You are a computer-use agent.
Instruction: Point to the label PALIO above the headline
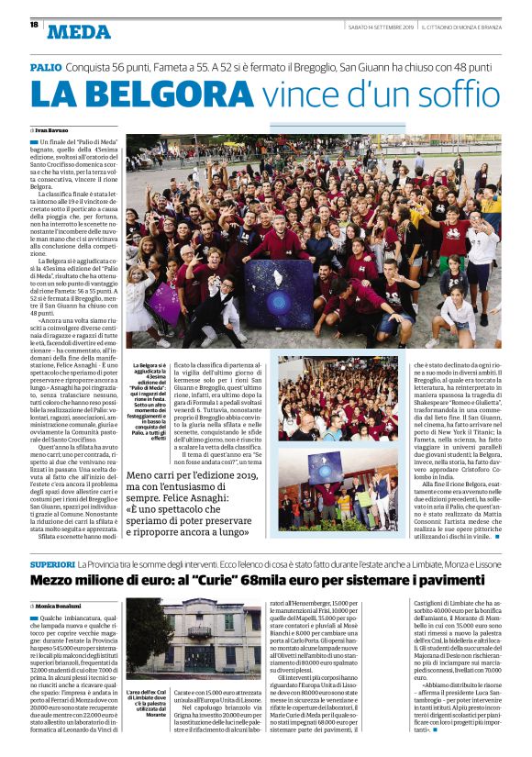point(46,68)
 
